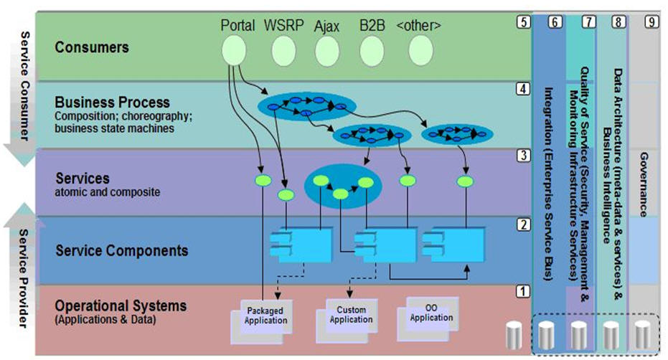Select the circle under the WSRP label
[283, 49]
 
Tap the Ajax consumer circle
[326, 49]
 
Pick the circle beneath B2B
[372, 49]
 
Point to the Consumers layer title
[92, 47]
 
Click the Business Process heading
[112, 102]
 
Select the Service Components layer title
[121, 250]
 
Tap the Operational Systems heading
[121, 305]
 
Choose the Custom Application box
[351, 315]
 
